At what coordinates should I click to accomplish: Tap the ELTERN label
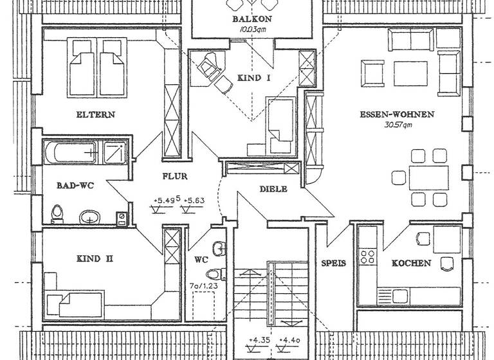[95, 115]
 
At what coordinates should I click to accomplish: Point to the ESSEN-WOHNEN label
[397, 115]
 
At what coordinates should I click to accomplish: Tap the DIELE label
[273, 189]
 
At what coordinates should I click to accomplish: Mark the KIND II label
[95, 259]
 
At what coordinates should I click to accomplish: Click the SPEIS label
[334, 263]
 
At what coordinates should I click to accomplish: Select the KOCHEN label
[411, 263]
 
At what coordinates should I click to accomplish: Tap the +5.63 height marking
[193, 201]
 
